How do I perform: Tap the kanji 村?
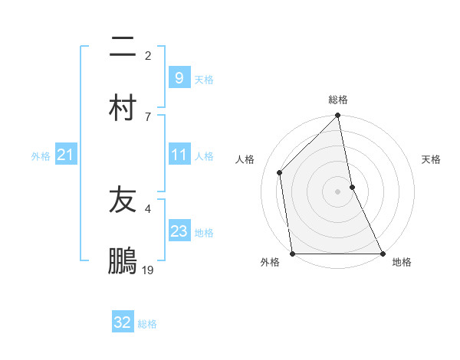pyautogui.click(x=123, y=106)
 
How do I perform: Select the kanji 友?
pyautogui.click(x=123, y=200)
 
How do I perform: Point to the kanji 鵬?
pyautogui.click(x=123, y=260)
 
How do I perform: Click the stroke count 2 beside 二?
pyautogui.click(x=147, y=56)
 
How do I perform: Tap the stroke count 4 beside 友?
pyautogui.click(x=147, y=208)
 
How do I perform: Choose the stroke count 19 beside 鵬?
pyautogui.click(x=148, y=270)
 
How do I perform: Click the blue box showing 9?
pyautogui.click(x=179, y=78)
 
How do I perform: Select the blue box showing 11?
pyautogui.click(x=179, y=155)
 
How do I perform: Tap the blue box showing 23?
pyautogui.click(x=179, y=231)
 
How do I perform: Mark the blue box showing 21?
pyautogui.click(x=65, y=155)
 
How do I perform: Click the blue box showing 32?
pyautogui.click(x=123, y=322)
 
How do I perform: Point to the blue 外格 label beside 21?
pyautogui.click(x=41, y=156)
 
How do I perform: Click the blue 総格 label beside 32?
pyautogui.click(x=147, y=324)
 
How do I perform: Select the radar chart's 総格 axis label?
pyautogui.click(x=338, y=100)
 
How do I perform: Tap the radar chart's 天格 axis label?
pyautogui.click(x=432, y=159)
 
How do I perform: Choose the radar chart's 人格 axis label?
pyautogui.click(x=245, y=159)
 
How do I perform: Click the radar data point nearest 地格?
pyautogui.click(x=383, y=254)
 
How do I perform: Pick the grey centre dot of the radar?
pyautogui.click(x=338, y=191)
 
